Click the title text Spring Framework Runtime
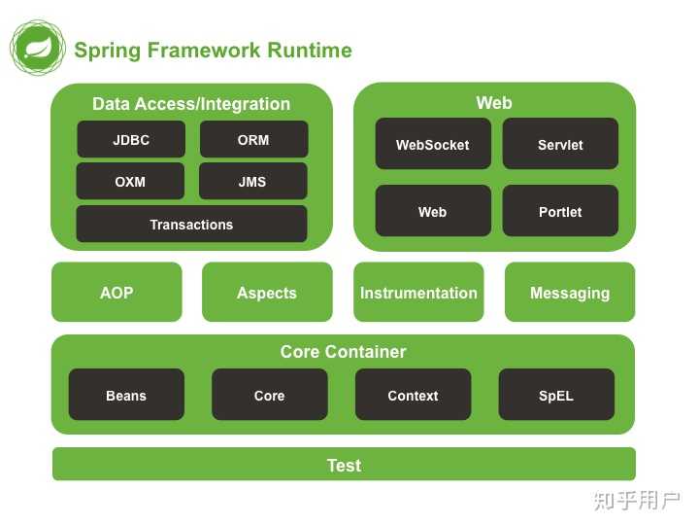[213, 51]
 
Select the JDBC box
[131, 140]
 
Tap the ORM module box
[253, 140]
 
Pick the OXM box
[130, 182]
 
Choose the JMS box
[252, 182]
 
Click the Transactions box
[191, 225]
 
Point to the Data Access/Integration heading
[191, 104]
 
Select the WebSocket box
[432, 145]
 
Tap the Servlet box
[560, 145]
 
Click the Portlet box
[560, 212]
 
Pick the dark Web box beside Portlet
[432, 212]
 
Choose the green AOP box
[116, 293]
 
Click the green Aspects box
[267, 293]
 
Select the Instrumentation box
[418, 293]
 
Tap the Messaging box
[570, 293]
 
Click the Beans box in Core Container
[126, 396]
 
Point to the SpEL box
[556, 396]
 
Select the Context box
[413, 396]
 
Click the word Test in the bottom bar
[344, 466]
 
